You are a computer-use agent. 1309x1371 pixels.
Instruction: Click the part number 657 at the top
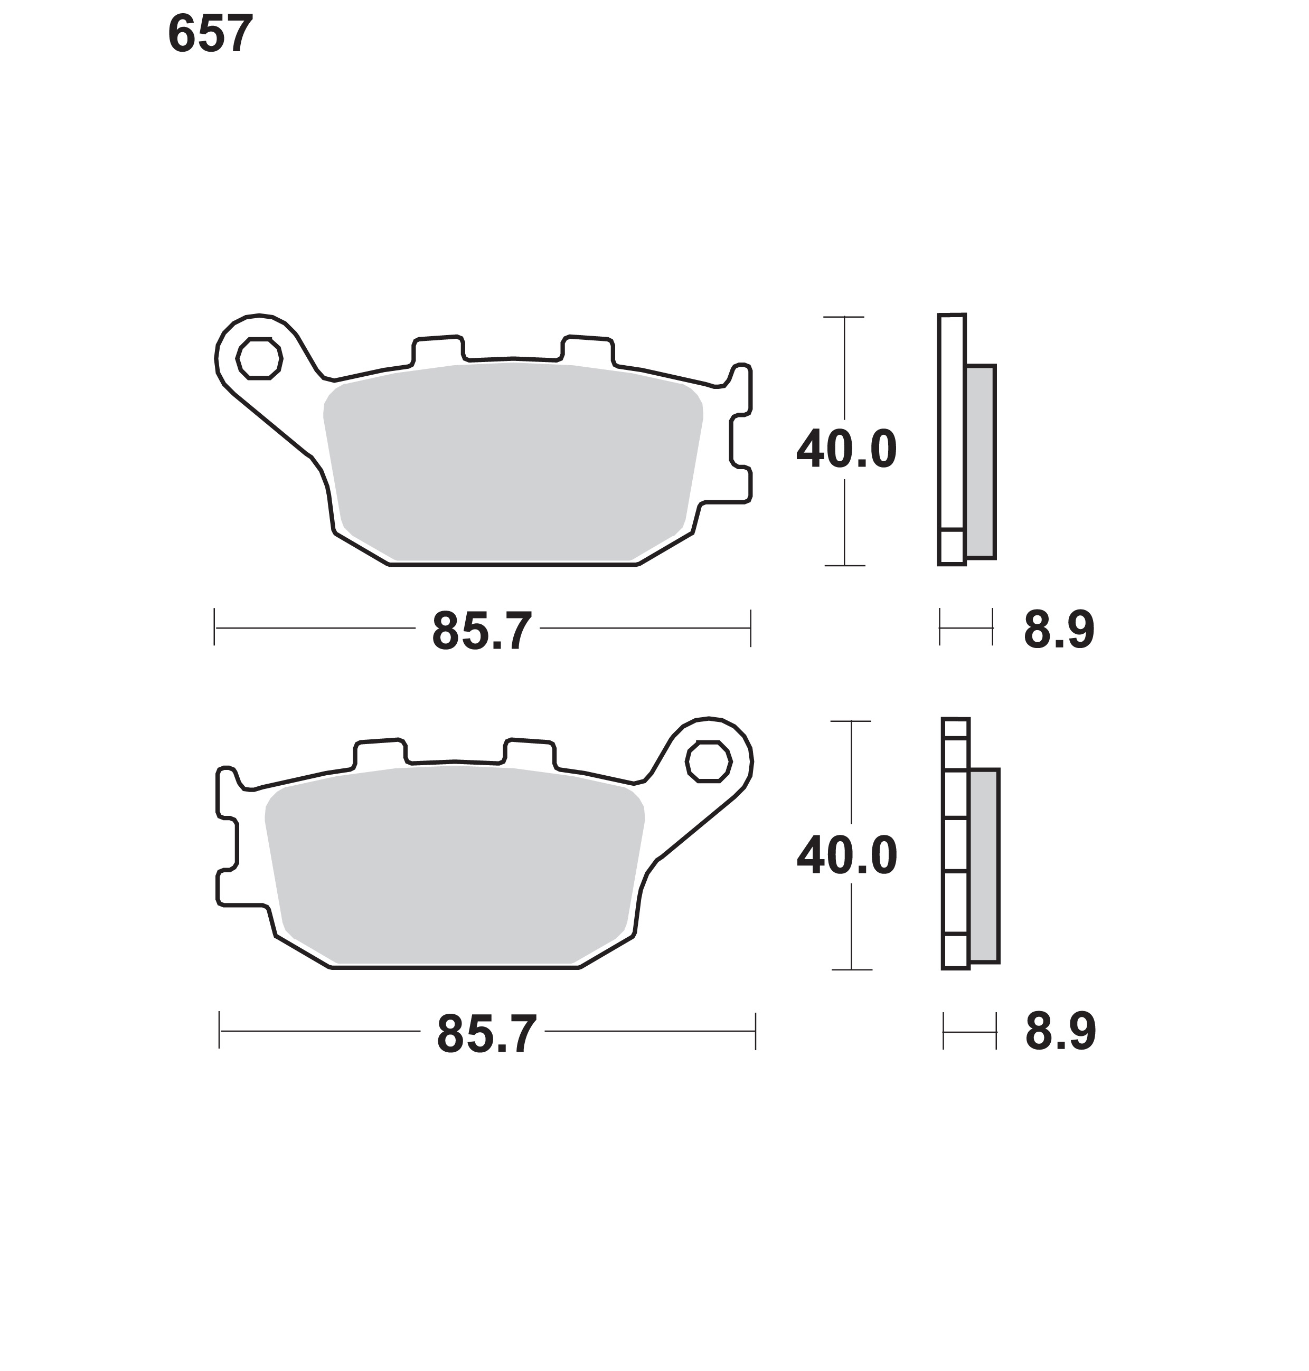pyautogui.click(x=210, y=34)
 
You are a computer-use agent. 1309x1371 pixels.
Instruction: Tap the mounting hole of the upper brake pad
pyautogui.click(x=259, y=358)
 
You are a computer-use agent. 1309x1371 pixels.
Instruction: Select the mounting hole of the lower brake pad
pyautogui.click(x=708, y=761)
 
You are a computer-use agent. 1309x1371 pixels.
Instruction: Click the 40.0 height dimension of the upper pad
pyautogui.click(x=846, y=450)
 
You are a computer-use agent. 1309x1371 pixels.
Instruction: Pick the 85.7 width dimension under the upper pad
pyautogui.click(x=482, y=631)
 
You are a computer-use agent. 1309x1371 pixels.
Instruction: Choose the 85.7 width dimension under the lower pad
pyautogui.click(x=486, y=1034)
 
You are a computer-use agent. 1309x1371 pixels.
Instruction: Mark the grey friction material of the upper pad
pyautogui.click(x=513, y=462)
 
